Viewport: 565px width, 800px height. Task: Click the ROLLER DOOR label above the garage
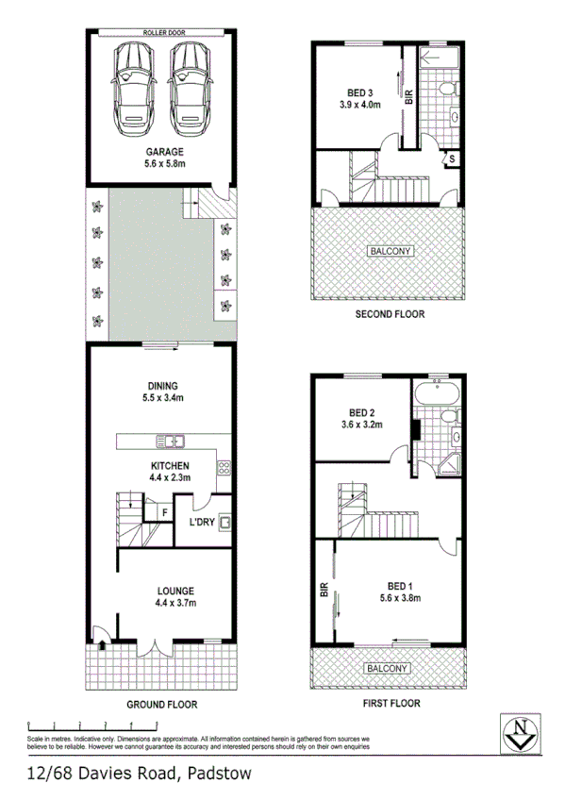163,32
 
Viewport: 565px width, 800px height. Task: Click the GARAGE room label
163,151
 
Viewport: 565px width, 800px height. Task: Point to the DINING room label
163,385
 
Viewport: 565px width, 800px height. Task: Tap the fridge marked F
163,512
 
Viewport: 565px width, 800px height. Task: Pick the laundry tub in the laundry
224,522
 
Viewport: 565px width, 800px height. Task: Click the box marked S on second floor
453,158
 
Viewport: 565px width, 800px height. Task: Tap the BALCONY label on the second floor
390,251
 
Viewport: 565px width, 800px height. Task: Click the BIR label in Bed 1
324,592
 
